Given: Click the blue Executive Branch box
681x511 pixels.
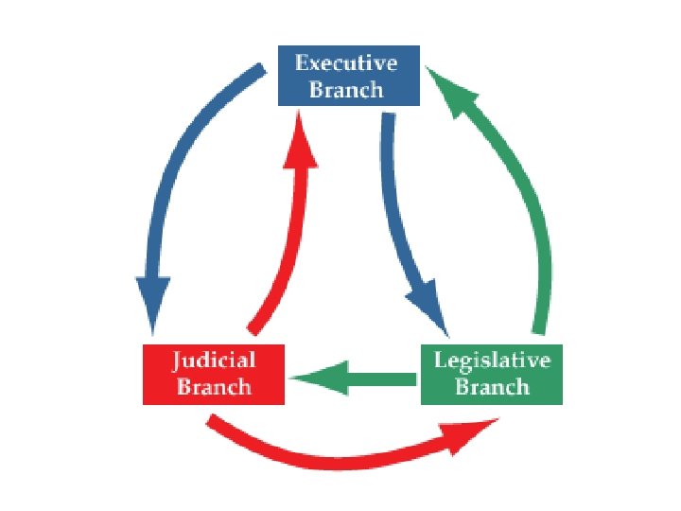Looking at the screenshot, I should click(x=347, y=76).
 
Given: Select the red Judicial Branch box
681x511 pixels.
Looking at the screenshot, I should click(x=213, y=375).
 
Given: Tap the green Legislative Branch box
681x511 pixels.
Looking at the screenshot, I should click(x=491, y=375).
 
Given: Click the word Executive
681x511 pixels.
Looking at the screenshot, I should click(x=347, y=64).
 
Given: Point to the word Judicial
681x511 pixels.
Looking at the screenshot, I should click(x=214, y=361).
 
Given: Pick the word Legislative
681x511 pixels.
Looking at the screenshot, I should click(x=492, y=361).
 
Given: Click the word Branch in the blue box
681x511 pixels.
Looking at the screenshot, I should click(x=347, y=90).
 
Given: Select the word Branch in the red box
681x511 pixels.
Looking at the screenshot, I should click(x=214, y=387).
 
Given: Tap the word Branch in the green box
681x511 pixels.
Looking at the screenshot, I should click(x=492, y=387).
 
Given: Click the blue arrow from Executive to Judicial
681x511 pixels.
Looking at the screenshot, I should click(x=180, y=161).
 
